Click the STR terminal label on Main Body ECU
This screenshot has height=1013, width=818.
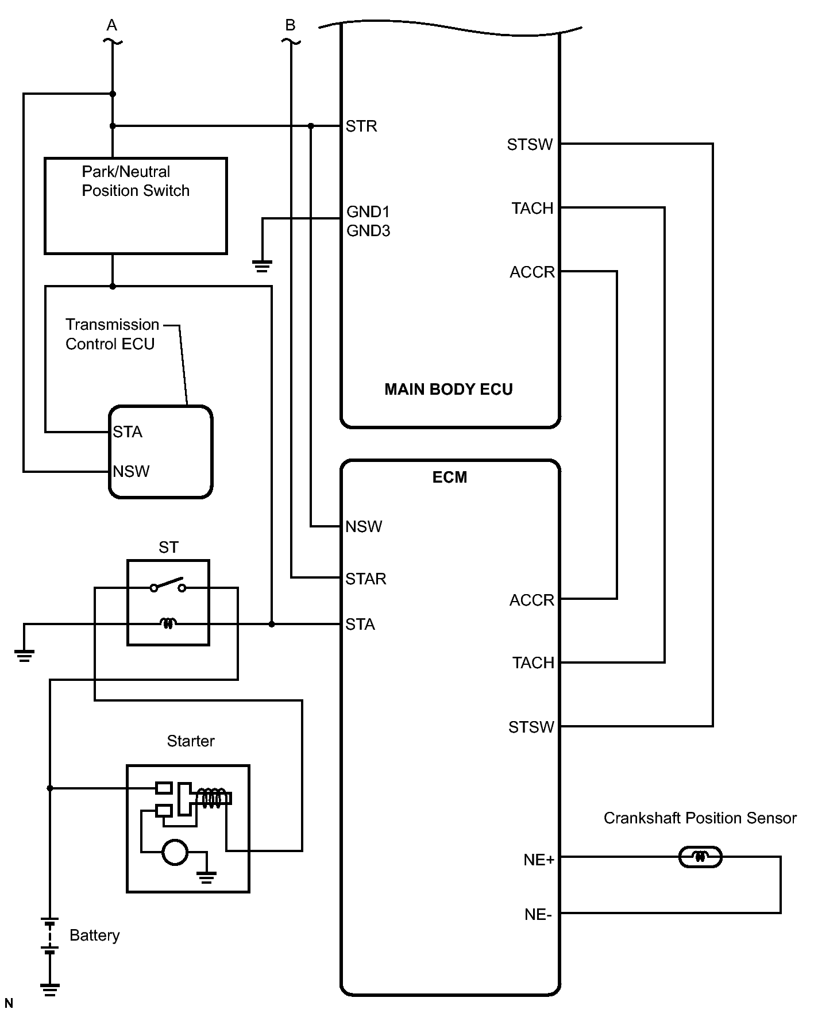point(361,126)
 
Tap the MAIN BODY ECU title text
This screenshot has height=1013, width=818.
point(448,390)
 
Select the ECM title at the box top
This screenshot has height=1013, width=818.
point(449,477)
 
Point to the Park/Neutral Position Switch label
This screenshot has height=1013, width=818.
point(135,181)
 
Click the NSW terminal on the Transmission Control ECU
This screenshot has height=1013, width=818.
point(131,472)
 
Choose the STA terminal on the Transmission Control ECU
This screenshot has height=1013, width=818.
point(128,432)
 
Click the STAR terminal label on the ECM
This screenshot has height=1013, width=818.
point(365,579)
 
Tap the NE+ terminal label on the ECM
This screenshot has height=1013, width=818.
point(538,860)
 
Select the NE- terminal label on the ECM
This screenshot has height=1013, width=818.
point(538,915)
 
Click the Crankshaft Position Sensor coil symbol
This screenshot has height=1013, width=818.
point(700,857)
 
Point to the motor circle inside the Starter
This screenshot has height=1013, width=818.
point(175,852)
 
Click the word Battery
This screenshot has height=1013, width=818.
point(95,935)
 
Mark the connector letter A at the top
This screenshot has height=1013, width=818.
point(112,25)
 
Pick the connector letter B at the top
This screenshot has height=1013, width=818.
point(290,25)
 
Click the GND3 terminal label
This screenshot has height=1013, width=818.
point(368,231)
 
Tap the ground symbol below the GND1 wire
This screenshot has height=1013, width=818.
point(262,266)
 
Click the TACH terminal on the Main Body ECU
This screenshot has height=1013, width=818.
point(532,208)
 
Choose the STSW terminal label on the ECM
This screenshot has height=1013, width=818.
point(531,727)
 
